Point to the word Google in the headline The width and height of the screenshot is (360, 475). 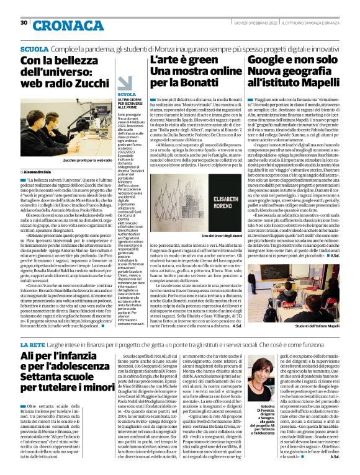[271, 60]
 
